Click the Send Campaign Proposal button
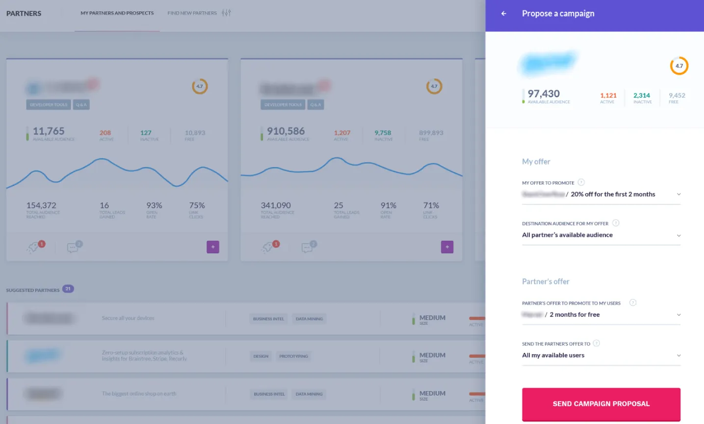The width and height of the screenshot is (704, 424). click(x=601, y=404)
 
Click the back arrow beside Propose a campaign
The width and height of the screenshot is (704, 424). click(x=504, y=14)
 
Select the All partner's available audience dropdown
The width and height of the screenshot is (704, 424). click(x=601, y=235)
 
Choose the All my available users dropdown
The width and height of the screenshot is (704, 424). click(x=601, y=356)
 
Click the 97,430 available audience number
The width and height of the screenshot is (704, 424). click(x=544, y=94)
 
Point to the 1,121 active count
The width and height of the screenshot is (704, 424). click(x=608, y=96)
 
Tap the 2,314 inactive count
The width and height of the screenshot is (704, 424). click(x=641, y=96)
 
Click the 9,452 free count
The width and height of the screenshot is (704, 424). click(x=677, y=96)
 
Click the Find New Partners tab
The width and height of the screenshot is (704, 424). click(x=192, y=13)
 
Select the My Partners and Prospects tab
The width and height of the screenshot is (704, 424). click(x=117, y=13)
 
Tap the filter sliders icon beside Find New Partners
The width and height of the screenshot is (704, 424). click(x=226, y=13)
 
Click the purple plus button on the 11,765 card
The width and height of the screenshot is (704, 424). click(x=213, y=247)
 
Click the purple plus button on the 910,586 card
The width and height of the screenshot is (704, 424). click(x=447, y=247)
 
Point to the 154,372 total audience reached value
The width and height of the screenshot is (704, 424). click(x=41, y=205)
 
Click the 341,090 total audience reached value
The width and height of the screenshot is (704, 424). click(x=276, y=205)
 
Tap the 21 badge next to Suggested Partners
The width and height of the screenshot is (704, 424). click(x=68, y=289)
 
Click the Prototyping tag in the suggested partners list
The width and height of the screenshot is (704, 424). click(x=293, y=356)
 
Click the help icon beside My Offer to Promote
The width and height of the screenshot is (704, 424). click(x=581, y=182)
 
